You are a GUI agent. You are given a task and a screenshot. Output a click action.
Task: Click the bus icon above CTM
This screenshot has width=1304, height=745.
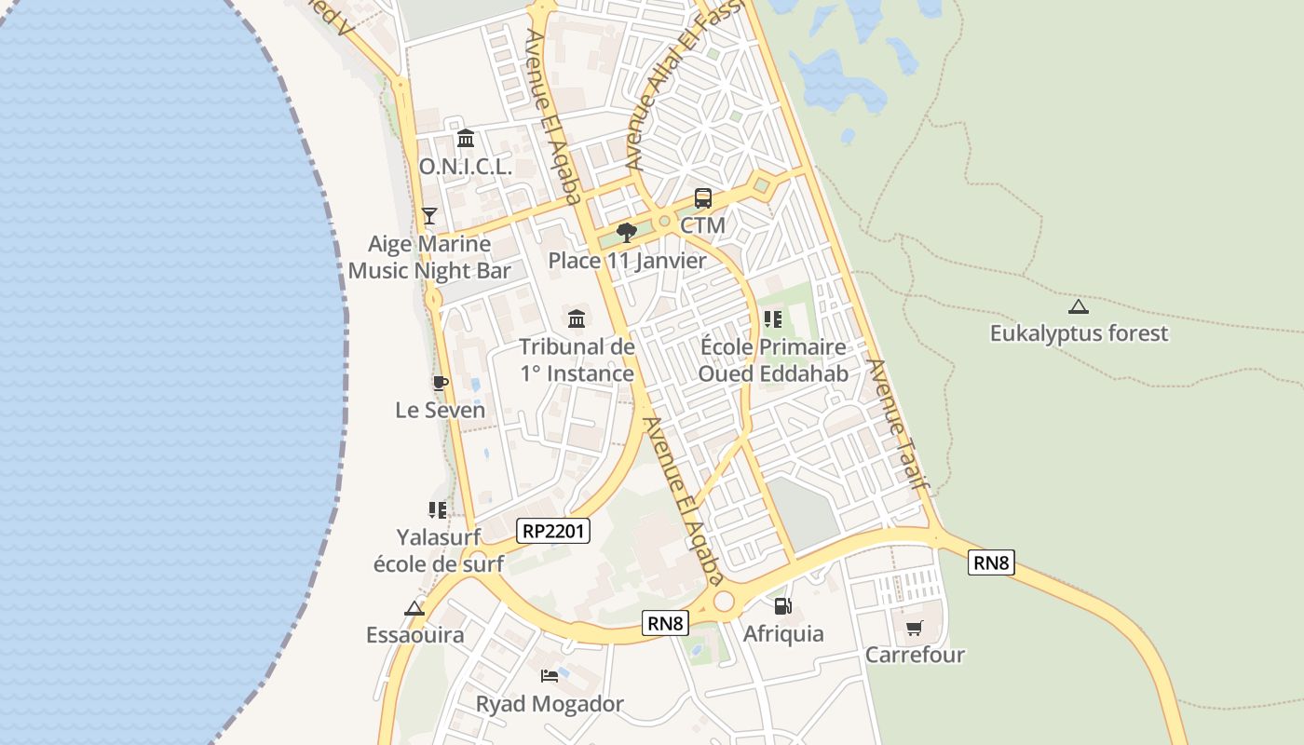click(x=703, y=198)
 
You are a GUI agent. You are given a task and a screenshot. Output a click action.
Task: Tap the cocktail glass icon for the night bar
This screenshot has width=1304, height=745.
click(x=428, y=216)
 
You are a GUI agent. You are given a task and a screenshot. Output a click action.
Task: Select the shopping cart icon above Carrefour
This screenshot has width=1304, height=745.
click(x=914, y=628)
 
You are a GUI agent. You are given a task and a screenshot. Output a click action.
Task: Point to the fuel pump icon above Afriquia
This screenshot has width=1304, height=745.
click(x=783, y=607)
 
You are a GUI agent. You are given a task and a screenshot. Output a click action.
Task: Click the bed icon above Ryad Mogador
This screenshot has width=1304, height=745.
click(x=550, y=675)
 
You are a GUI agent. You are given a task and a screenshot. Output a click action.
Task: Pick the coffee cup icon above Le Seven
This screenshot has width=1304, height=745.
click(x=440, y=383)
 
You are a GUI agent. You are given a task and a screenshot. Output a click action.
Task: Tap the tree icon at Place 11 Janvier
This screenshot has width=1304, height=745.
click(x=627, y=232)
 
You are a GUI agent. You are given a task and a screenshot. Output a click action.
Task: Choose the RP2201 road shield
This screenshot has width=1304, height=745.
click(x=553, y=531)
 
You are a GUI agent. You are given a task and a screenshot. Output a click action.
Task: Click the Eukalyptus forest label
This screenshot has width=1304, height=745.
click(x=1079, y=333)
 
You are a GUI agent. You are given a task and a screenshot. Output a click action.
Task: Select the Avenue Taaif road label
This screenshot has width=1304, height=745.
click(x=898, y=424)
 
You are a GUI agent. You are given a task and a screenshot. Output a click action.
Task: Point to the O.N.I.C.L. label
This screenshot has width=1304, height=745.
click(x=466, y=168)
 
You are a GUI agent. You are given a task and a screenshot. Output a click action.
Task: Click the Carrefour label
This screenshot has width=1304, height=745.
click(x=915, y=655)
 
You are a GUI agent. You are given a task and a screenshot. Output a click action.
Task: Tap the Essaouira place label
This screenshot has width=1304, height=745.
click(x=414, y=635)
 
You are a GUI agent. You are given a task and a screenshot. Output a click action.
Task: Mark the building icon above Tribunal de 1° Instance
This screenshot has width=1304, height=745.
click(x=577, y=318)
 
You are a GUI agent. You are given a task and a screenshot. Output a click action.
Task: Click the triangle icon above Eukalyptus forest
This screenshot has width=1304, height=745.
click(x=1079, y=306)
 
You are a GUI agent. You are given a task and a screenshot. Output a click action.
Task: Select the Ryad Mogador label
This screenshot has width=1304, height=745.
click(x=550, y=704)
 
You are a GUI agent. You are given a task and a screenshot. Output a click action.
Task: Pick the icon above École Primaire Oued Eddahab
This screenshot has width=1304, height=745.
click(x=772, y=319)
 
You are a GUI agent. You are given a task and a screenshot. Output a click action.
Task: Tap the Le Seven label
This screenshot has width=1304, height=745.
click(x=441, y=410)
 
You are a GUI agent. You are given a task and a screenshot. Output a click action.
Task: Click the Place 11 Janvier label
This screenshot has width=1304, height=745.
click(x=627, y=261)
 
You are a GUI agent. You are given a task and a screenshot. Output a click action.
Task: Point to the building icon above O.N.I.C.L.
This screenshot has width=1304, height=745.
click(x=466, y=140)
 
